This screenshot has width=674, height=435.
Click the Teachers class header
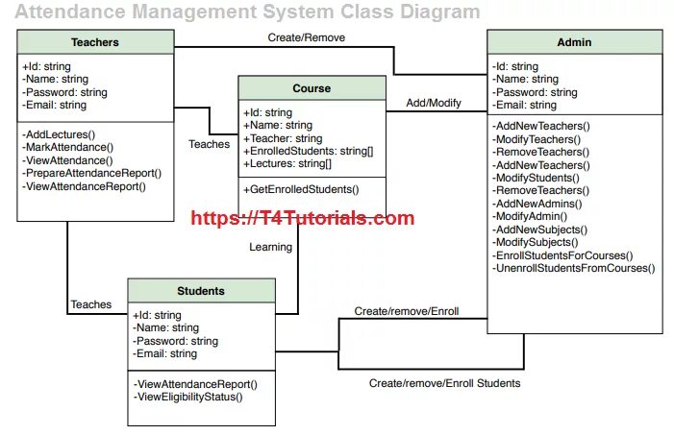click(95, 42)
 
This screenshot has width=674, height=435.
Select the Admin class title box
click(574, 42)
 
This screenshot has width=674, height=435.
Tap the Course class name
click(312, 88)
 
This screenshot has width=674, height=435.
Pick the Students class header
click(201, 291)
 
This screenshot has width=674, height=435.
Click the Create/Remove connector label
click(306, 37)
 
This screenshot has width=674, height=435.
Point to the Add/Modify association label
click(434, 102)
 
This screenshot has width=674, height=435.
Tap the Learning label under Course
click(271, 247)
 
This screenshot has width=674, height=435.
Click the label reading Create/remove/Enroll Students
click(444, 383)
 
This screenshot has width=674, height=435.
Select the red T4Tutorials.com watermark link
click(303, 218)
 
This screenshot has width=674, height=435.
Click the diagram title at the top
click(248, 12)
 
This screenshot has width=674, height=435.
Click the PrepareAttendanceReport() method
click(91, 174)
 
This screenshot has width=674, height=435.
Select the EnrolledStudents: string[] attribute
click(308, 151)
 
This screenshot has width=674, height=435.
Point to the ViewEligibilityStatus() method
click(188, 397)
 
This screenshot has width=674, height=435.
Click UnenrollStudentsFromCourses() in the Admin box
click(573, 268)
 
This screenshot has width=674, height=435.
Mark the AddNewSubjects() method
click(539, 230)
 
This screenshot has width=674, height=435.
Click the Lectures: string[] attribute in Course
click(287, 164)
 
